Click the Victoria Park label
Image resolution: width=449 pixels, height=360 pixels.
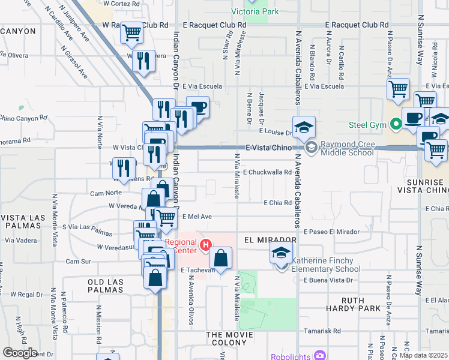255,11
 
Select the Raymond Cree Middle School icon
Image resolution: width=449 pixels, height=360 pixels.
311,147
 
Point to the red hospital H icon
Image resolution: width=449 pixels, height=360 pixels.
206,245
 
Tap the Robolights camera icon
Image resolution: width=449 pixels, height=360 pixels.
320,356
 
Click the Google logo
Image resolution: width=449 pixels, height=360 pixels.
19,353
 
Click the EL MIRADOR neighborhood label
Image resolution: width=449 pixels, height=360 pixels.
270,239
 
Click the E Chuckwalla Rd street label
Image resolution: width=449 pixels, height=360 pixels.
267,172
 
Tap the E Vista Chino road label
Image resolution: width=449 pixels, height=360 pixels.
267,148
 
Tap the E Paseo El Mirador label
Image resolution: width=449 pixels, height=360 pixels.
331,232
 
